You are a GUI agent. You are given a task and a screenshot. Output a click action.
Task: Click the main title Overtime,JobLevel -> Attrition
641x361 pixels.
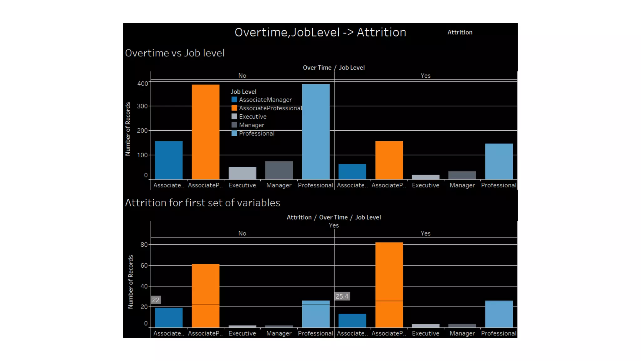pyautogui.click(x=320, y=33)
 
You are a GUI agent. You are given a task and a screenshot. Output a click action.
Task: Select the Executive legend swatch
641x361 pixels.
pyautogui.click(x=234, y=117)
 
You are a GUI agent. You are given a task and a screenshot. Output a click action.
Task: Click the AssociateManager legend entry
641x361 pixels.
pyautogui.click(x=265, y=100)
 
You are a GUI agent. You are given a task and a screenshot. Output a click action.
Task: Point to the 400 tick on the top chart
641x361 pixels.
pyautogui.click(x=142, y=84)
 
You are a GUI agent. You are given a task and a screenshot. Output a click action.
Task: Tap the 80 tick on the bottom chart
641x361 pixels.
pyautogui.click(x=144, y=245)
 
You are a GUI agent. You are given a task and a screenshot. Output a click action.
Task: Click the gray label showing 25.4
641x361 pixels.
pyautogui.click(x=342, y=296)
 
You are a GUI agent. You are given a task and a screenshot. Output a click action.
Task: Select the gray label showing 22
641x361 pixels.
pyautogui.click(x=156, y=300)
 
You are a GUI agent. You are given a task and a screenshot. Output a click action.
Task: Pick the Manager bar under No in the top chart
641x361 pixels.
pyautogui.click(x=279, y=170)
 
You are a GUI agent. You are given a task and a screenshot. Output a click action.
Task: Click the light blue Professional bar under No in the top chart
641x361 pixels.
pyautogui.click(x=315, y=132)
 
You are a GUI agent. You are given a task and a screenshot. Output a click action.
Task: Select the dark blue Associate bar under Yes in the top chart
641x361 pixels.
pyautogui.click(x=352, y=171)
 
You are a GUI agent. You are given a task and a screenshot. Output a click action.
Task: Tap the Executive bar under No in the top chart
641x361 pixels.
pyautogui.click(x=242, y=173)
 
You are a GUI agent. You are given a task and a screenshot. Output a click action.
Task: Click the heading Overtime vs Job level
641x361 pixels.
pyautogui.click(x=175, y=53)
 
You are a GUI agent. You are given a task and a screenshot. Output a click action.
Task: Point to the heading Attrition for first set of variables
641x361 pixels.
pyautogui.click(x=203, y=203)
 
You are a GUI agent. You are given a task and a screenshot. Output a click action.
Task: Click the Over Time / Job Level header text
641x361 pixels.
pyautogui.click(x=334, y=68)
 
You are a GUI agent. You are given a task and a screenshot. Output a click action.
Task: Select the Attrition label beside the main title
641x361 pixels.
pyautogui.click(x=459, y=33)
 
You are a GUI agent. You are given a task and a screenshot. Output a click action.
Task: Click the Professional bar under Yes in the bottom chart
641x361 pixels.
pyautogui.click(x=499, y=314)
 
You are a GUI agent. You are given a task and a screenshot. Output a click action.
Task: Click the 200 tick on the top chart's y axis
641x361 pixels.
pyautogui.click(x=142, y=131)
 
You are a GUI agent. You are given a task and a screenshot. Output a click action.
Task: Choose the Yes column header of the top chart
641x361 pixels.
pyautogui.click(x=425, y=76)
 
